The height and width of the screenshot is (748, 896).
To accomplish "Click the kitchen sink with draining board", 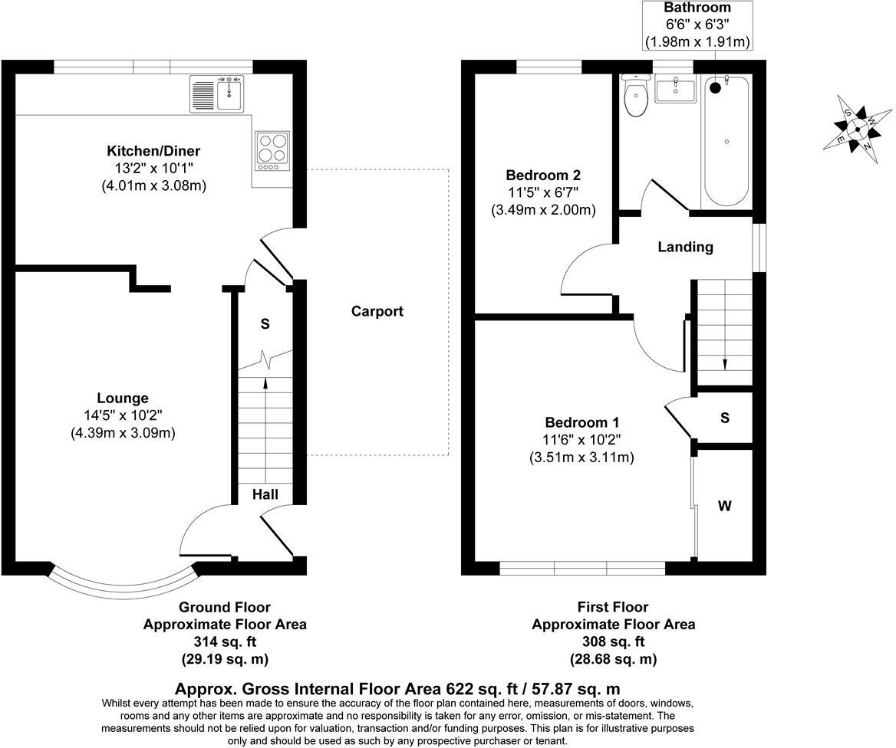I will pyautogui.click(x=216, y=93).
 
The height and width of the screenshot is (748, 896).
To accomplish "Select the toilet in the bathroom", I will pyautogui.click(x=636, y=97).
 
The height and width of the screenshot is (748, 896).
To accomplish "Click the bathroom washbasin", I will pyautogui.click(x=674, y=90).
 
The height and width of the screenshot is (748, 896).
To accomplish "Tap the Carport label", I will pyautogui.click(x=377, y=311).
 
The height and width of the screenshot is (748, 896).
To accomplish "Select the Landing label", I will pyautogui.click(x=685, y=247).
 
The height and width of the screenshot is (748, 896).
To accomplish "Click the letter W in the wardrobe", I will pyautogui.click(x=724, y=506).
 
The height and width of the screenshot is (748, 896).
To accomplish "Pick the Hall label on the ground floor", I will pyautogui.click(x=265, y=495).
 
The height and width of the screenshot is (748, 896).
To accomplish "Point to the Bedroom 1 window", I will pyautogui.click(x=581, y=568).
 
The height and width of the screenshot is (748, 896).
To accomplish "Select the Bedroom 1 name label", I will pyautogui.click(x=581, y=422).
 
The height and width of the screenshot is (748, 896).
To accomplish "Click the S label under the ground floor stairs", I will pyautogui.click(x=265, y=324).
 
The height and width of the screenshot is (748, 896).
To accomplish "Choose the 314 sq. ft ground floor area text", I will pyautogui.click(x=225, y=641).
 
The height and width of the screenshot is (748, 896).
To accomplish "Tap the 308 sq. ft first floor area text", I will pyautogui.click(x=614, y=641).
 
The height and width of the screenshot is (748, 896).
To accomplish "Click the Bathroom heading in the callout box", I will pyautogui.click(x=697, y=8).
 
